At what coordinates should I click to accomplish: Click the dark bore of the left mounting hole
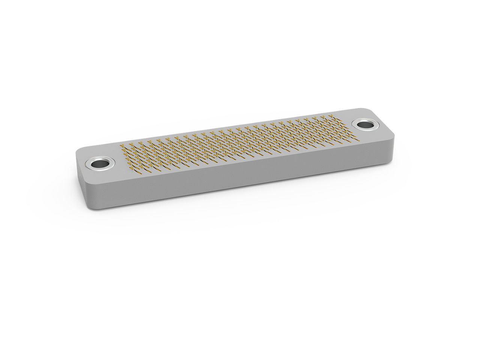pyautogui.click(x=99, y=164)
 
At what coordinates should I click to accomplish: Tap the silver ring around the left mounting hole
pyautogui.click(x=91, y=164)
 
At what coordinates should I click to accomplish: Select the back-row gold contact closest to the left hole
pyautogui.click(x=122, y=145)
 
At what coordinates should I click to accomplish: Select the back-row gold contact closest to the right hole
pyautogui.click(x=331, y=116)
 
